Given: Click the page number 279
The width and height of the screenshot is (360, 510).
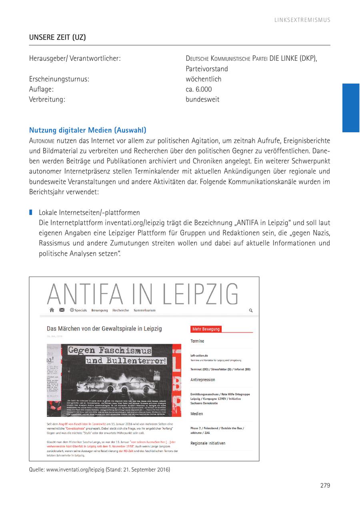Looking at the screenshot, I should click(x=325, y=486).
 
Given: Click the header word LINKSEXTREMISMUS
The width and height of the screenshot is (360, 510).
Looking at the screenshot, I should click(x=302, y=20).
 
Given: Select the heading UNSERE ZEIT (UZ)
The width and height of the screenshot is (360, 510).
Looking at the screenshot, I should click(x=57, y=38).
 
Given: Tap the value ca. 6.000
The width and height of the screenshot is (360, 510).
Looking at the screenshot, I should click(x=198, y=89).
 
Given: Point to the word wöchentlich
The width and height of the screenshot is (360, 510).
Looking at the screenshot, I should click(x=203, y=79).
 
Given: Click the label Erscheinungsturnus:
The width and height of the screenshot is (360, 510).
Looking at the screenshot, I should click(x=59, y=79).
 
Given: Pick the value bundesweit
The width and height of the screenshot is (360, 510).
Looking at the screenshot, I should click(x=202, y=100).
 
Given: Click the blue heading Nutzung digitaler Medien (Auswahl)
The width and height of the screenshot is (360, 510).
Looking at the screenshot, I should click(x=88, y=130).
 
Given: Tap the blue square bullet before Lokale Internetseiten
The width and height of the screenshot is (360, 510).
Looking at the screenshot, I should click(x=31, y=212).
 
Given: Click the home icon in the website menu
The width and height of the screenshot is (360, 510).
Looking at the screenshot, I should click(x=52, y=310).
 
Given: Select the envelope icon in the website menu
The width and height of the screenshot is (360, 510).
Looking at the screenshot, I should click(x=62, y=310).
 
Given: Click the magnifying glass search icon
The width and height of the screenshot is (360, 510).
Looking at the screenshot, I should click(x=251, y=310).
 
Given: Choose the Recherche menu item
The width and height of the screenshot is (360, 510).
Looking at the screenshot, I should click(x=120, y=310).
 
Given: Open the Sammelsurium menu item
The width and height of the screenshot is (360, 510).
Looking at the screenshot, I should click(x=144, y=310).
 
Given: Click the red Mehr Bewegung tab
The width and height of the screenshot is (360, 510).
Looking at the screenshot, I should click(x=206, y=329).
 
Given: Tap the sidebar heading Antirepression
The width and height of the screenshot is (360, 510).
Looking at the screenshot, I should click(x=202, y=380).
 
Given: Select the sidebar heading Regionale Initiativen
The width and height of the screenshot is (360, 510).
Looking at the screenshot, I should click(x=208, y=443).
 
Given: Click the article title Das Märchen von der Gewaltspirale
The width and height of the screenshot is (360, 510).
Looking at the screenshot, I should click(x=104, y=329).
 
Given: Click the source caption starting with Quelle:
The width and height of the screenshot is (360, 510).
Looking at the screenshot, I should click(x=99, y=470).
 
